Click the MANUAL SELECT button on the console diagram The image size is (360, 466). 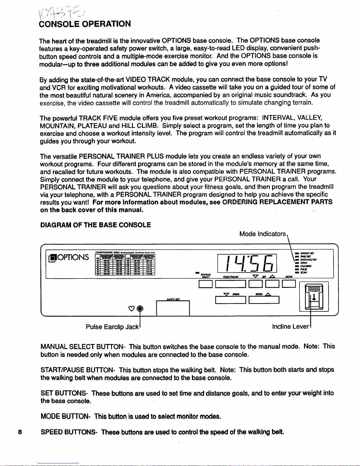(203, 284)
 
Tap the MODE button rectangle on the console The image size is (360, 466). (288, 284)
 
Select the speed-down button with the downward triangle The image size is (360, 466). (230, 300)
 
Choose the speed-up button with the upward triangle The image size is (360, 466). (264, 300)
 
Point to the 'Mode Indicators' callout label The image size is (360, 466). (262, 234)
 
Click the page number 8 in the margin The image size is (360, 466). (20, 432)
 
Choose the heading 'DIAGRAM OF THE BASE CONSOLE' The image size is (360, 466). (96, 225)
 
